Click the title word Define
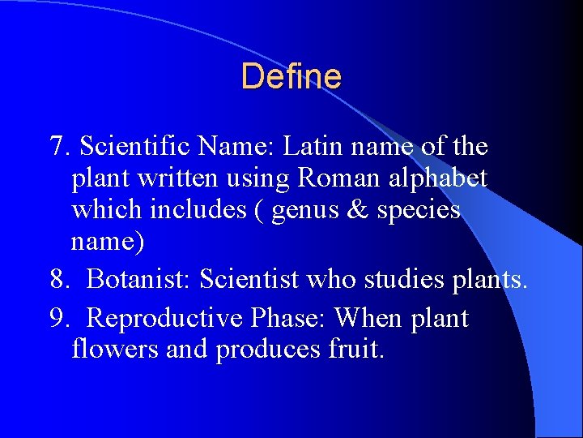[x=291, y=77]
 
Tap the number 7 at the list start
[x=57, y=147]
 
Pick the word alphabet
[x=438, y=178]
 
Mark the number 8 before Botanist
[x=57, y=280]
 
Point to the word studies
[x=398, y=280]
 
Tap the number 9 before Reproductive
[x=57, y=317]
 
